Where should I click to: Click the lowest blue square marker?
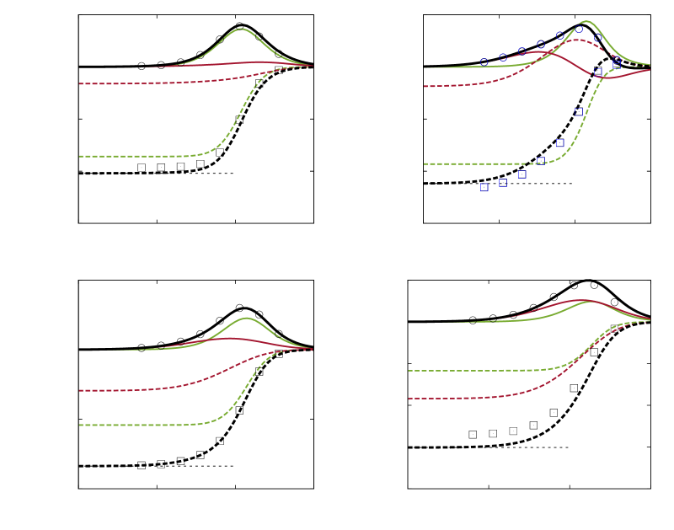tap(484, 187)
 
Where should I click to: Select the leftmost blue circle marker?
tap(484, 62)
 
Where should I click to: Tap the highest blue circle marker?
tap(579, 29)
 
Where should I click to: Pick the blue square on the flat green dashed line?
tap(541, 160)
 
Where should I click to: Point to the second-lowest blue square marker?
tap(502, 182)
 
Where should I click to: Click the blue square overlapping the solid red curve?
tap(597, 73)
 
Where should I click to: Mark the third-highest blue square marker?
tap(579, 111)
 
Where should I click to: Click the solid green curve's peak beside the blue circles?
tap(586, 21)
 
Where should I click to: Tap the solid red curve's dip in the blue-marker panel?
tap(611, 78)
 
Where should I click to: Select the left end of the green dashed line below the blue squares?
tap(424, 163)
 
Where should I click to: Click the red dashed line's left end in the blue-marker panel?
tap(424, 86)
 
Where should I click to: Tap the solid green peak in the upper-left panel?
tap(242, 29)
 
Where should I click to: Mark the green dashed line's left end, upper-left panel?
tap(80, 156)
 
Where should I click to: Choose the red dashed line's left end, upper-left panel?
tap(80, 83)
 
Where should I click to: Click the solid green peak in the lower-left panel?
tap(246, 318)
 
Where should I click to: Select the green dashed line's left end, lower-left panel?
tap(80, 425)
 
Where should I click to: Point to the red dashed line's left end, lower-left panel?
tap(80, 390)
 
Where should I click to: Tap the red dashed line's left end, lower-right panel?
tap(409, 399)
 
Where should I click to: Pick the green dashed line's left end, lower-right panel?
tap(409, 371)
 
